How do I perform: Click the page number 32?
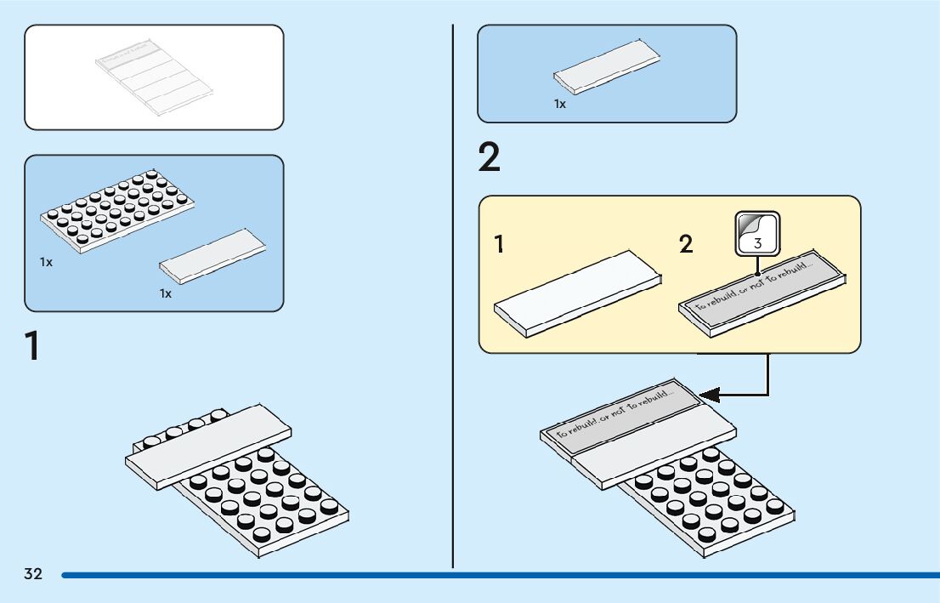(33, 574)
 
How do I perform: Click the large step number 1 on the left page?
(32, 347)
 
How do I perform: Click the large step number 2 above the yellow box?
(490, 159)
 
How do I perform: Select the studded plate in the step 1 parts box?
(117, 210)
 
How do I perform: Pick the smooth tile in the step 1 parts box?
(212, 255)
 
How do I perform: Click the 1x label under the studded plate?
(46, 262)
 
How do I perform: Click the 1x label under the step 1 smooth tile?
(166, 293)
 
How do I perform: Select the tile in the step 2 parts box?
(605, 71)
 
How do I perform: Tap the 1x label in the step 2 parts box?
(560, 104)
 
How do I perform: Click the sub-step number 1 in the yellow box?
(500, 246)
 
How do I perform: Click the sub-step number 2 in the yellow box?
(686, 246)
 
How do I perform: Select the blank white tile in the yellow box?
(578, 293)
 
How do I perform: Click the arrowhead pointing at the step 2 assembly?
(709, 395)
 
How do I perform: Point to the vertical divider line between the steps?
(453, 340)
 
